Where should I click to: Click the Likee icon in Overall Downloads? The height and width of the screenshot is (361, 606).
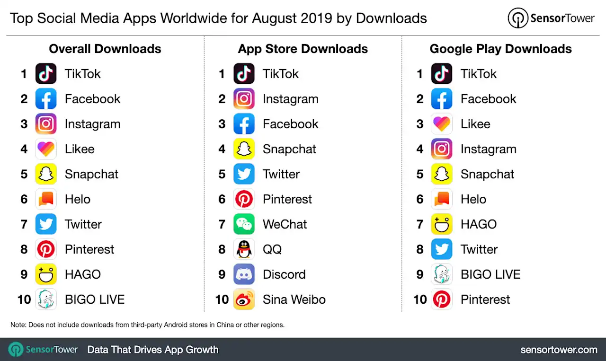pos(46,149)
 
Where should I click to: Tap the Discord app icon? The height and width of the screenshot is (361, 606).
pos(244,274)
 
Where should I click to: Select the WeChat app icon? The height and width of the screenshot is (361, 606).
pos(244,224)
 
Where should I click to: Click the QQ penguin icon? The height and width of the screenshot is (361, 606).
pos(244,249)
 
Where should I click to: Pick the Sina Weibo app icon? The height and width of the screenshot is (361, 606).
pos(244,299)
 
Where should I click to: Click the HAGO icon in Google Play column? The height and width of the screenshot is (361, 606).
pos(442,224)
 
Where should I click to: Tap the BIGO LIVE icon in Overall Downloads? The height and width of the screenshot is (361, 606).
pos(46,299)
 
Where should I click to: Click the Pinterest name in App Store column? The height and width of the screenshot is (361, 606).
pos(287,199)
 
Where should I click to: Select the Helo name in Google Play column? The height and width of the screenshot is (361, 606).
pos(473,199)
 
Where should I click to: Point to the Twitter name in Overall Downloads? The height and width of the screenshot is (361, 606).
pos(83,224)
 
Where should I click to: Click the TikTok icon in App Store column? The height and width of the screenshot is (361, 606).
pos(244,74)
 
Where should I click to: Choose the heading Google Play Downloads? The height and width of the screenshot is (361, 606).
pos(500,49)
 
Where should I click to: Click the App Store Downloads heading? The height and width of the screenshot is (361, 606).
pos(303,49)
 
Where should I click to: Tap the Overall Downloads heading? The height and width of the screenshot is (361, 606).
pos(105,49)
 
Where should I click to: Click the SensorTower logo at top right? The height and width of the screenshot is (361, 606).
pos(551,18)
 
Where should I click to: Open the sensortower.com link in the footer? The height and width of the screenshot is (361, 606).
pos(559,350)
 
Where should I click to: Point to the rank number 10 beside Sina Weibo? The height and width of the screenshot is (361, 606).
pos(222,299)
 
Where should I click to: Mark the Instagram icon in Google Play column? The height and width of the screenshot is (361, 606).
pos(442,149)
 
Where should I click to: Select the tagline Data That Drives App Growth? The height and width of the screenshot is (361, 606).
pos(153,350)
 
